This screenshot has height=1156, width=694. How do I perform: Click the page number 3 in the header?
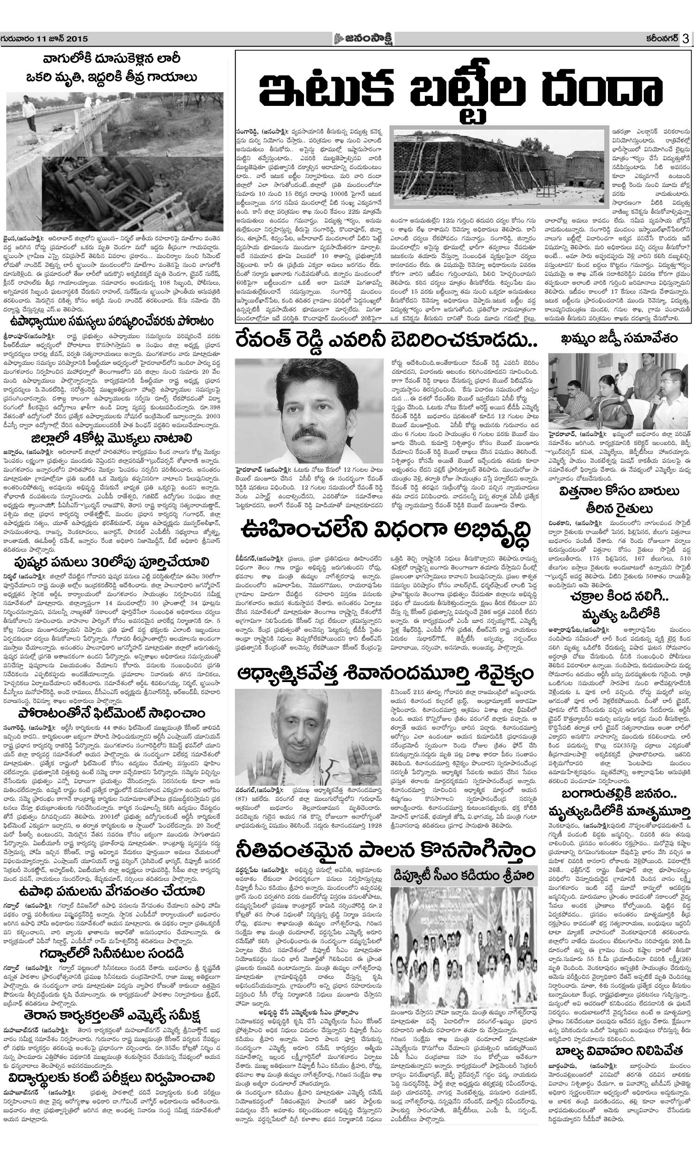coord(686,39)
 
